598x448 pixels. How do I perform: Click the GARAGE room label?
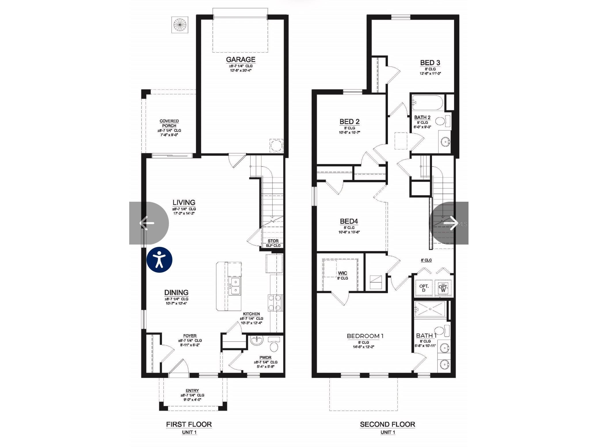240,59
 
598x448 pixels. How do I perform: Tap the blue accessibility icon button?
159,259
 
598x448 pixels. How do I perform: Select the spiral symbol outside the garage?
180,25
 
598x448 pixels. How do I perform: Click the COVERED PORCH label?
169,123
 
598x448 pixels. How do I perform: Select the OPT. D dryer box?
424,288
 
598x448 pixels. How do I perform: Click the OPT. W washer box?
443,288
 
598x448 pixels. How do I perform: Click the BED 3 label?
430,63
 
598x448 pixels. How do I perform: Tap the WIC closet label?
342,273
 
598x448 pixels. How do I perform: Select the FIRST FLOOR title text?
189,424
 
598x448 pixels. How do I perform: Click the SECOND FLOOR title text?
387,424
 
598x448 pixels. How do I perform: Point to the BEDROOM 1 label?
365,336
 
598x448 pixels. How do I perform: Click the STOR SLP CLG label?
273,243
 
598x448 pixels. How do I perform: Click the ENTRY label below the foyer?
192,391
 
